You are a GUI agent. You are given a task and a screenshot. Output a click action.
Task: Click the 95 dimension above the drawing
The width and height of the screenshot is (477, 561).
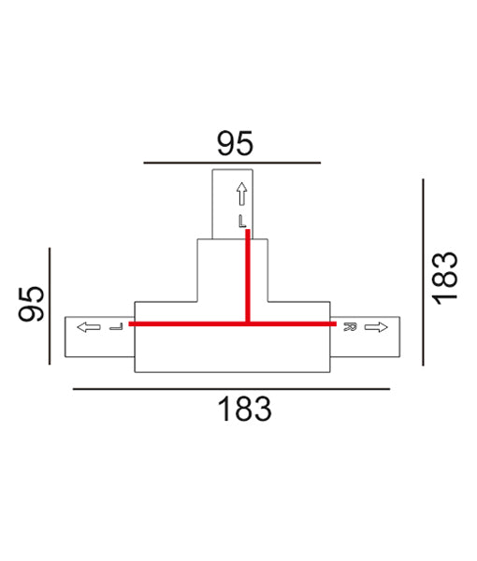235,143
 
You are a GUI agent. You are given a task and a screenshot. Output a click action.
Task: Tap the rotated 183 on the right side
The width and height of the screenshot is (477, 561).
446,276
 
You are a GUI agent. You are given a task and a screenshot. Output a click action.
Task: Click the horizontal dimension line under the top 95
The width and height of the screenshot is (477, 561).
232,163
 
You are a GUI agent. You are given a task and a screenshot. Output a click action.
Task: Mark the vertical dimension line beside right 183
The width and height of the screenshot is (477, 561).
424,272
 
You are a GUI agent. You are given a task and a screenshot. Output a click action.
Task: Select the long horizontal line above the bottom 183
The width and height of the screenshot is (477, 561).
230,388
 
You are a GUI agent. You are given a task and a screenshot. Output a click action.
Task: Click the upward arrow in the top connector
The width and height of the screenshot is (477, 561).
241,194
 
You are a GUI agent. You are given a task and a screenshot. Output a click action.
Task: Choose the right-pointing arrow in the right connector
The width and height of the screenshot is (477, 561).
376,327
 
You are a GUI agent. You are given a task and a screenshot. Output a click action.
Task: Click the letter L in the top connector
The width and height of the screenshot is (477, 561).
241,222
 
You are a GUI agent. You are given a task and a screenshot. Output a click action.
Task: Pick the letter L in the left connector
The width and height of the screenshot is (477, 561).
115,327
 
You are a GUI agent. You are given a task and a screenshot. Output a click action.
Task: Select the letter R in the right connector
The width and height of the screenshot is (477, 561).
348,327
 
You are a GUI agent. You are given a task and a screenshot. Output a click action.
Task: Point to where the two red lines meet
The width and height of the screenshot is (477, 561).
248,324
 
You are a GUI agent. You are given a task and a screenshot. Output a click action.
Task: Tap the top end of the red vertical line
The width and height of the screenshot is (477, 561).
248,233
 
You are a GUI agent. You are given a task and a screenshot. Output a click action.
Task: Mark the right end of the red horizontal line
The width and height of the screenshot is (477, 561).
334,324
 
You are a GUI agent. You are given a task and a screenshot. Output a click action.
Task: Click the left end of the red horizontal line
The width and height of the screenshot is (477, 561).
131,324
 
